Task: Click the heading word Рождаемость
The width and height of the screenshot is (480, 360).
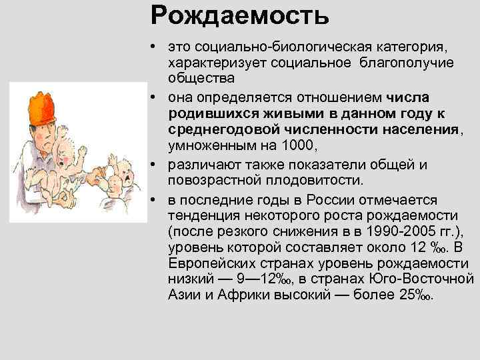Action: click(239, 15)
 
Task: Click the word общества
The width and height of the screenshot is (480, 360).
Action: click(197, 78)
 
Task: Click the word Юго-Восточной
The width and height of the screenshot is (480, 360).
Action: click(426, 277)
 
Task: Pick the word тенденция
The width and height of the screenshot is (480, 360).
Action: click(203, 215)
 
